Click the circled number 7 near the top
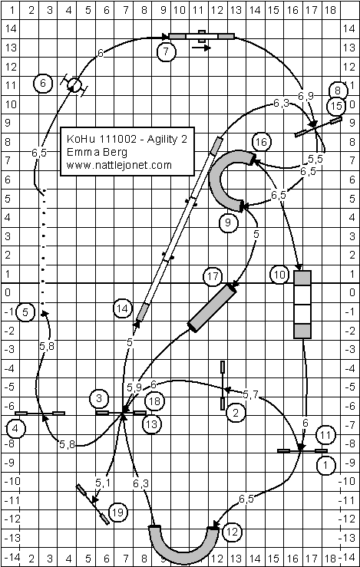tap(166, 51)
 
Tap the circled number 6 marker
tap(43, 84)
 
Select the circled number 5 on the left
tap(25, 312)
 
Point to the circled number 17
tap(213, 277)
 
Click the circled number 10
tap(279, 275)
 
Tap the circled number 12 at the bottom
tap(232, 532)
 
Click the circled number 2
tap(236, 413)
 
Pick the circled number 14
tap(123, 308)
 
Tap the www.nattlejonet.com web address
tap(119, 165)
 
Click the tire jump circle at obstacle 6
tap(74, 85)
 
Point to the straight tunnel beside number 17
tap(212, 308)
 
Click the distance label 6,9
tap(306, 96)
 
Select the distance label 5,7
tap(250, 395)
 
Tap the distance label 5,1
tap(102, 483)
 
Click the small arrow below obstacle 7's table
tap(201, 48)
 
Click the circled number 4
tap(16, 429)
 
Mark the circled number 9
tap(227, 223)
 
